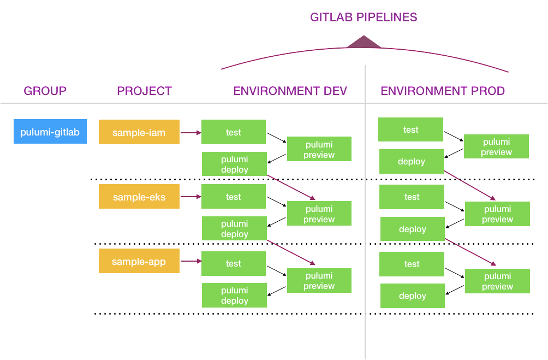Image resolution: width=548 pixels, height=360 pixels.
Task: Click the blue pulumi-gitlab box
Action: click(50, 132)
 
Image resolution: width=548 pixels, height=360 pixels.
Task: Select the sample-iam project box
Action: click(139, 132)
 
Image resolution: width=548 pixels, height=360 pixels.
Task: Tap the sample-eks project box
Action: click(139, 197)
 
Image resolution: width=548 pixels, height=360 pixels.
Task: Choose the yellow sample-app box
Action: click(139, 261)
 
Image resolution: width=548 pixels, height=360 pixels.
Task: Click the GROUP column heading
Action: click(45, 91)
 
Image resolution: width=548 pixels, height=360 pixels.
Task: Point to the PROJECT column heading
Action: click(144, 91)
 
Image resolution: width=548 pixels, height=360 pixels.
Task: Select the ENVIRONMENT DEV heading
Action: click(290, 91)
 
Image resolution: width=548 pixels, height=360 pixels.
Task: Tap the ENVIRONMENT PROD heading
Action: click(443, 91)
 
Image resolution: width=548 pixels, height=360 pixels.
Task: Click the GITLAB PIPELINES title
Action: click(364, 17)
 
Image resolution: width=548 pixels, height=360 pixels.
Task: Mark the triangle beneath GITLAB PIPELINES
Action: click(364, 43)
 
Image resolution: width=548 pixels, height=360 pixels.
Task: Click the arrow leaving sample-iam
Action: click(190, 132)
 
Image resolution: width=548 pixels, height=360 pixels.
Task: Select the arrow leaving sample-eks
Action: click(190, 197)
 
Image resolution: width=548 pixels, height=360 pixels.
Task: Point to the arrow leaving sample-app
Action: click(190, 261)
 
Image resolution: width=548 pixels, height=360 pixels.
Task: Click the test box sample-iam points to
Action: click(234, 132)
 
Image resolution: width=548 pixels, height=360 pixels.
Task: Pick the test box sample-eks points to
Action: click(234, 197)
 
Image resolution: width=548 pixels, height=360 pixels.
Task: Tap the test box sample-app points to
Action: click(234, 263)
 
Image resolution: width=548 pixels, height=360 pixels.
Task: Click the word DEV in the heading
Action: click(334, 91)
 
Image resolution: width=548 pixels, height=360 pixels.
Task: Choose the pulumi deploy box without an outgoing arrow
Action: click(235, 296)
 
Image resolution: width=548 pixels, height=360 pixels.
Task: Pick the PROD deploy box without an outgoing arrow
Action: click(413, 296)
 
